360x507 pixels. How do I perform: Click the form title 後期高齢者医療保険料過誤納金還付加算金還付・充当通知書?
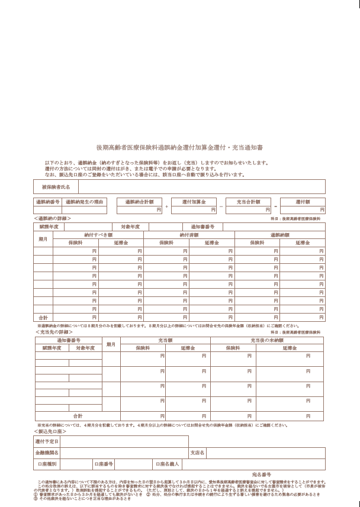click(179, 147)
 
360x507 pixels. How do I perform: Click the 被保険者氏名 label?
click(56, 187)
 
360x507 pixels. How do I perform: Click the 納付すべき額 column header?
click(98, 235)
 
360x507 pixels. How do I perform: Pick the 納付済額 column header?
click(189, 235)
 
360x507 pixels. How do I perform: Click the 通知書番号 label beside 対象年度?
click(202, 227)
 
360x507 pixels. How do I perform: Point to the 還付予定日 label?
click(47, 441)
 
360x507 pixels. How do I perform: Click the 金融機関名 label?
click(47, 453)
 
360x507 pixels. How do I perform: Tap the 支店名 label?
click(197, 453)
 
